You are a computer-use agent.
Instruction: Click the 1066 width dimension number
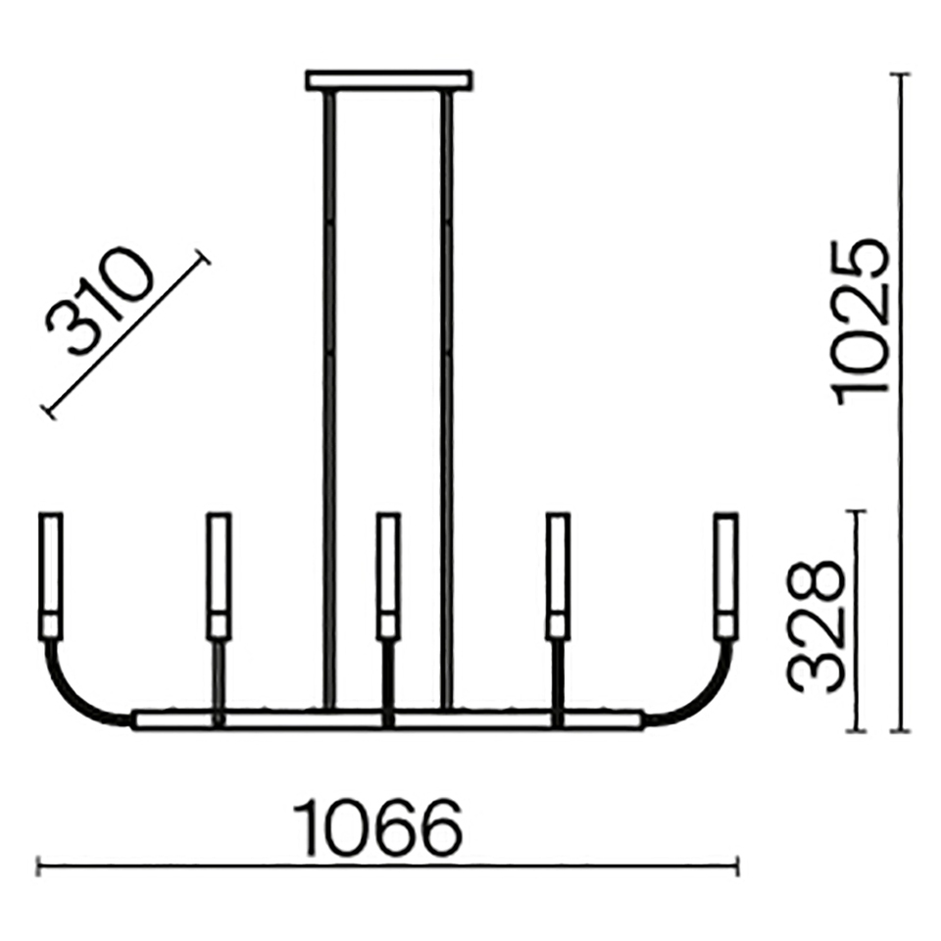coord(378,827)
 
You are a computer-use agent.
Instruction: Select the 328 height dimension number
coord(816,626)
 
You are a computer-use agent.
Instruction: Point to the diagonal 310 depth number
coord(100,301)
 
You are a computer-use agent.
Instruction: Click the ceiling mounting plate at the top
coord(388,80)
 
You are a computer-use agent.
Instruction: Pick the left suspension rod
coord(329,399)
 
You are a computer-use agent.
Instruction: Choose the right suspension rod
coord(447,399)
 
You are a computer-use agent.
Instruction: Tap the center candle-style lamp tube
coord(388,575)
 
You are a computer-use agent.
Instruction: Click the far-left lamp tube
coord(50,575)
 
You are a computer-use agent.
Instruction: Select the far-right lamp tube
coord(726,575)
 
